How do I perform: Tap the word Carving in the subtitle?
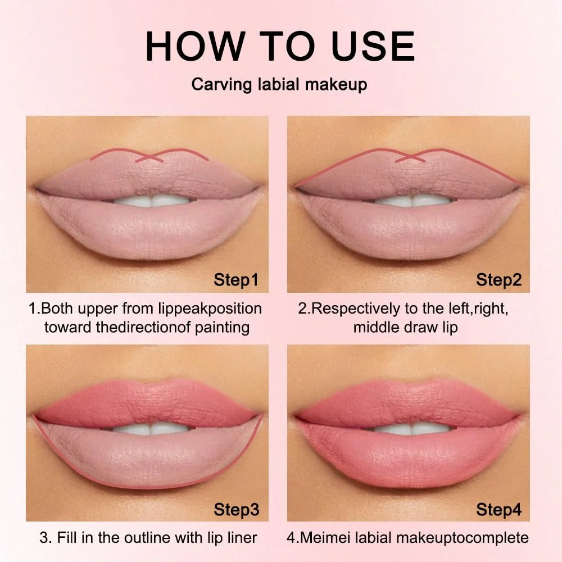pyautogui.click(x=222, y=85)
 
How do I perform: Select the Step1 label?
pyautogui.click(x=236, y=279)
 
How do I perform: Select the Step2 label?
pyautogui.click(x=498, y=279)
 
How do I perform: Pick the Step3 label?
pyautogui.click(x=236, y=509)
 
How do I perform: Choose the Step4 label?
pyautogui.click(x=498, y=509)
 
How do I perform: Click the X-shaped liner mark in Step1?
pyautogui.click(x=149, y=157)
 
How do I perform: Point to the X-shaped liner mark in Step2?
pyautogui.click(x=410, y=157)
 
